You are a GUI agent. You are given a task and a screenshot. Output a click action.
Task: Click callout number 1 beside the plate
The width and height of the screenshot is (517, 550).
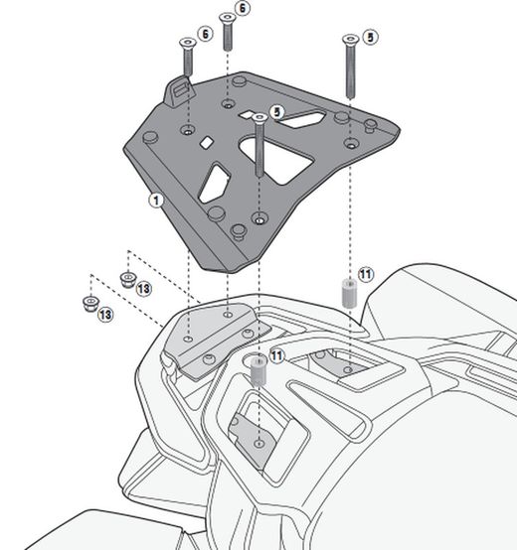click(x=156, y=200)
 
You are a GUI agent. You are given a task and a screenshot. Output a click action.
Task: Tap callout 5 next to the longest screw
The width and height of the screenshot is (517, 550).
click(x=369, y=37)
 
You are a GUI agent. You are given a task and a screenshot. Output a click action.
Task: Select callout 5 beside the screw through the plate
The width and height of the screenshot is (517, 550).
click(x=276, y=112)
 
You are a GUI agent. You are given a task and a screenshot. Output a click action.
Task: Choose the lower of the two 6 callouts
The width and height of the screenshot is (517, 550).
click(x=205, y=33)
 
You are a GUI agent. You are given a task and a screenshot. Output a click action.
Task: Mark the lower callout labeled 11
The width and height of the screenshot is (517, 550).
click(x=276, y=354)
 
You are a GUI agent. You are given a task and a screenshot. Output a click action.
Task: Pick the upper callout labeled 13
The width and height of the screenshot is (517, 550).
click(x=144, y=288)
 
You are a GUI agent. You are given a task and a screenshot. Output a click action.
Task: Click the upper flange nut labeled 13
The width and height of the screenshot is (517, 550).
click(x=127, y=276)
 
